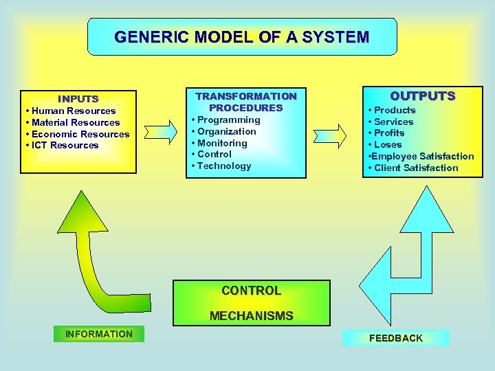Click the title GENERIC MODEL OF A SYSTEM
click(x=242, y=36)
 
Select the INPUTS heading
click(x=78, y=99)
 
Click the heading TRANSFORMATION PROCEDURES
click(x=246, y=102)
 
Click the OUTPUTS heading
click(x=423, y=96)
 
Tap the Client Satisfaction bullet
click(x=414, y=168)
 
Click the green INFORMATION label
click(x=99, y=334)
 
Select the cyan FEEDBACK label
click(x=396, y=338)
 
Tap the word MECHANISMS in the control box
click(x=251, y=316)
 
